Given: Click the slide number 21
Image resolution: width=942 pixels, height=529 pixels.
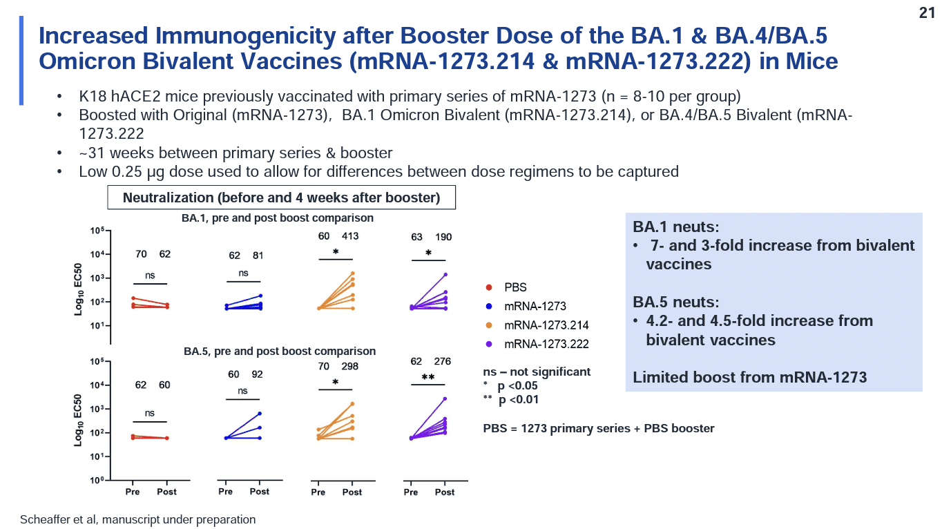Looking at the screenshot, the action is click(927, 13).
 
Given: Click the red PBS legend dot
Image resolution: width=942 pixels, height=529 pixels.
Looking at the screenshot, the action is click(489, 287).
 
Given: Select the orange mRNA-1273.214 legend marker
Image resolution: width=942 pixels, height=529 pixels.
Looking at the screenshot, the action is click(489, 325).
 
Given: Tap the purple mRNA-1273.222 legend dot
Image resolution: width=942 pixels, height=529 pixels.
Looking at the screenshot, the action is click(489, 344).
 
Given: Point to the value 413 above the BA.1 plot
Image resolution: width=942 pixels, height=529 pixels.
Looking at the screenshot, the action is click(350, 236).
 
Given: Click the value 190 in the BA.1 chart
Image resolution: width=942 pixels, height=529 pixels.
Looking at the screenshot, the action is click(443, 237).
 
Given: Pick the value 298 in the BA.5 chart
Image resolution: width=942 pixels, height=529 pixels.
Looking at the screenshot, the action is click(349, 366).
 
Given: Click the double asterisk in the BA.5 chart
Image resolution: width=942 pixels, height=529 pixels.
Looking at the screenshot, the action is click(428, 377).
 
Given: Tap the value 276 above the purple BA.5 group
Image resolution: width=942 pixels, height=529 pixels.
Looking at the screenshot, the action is click(443, 361).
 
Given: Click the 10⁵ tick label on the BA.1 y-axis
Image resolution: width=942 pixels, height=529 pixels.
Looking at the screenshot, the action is click(96, 230).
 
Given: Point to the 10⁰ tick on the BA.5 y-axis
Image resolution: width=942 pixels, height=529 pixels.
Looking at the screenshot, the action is click(96, 480).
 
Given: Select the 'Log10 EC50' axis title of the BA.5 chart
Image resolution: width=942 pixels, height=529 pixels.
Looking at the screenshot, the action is click(78, 420).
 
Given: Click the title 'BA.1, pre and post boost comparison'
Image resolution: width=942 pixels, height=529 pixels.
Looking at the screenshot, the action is click(278, 218).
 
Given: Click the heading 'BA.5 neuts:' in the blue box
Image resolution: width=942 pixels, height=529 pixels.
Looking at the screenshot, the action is click(676, 302).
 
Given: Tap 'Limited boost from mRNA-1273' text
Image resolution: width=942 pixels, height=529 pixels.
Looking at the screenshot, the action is click(750, 377).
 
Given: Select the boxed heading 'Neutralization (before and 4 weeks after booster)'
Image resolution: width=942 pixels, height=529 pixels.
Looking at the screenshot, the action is click(281, 198).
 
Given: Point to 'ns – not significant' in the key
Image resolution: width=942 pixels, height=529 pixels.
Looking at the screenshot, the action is click(537, 372).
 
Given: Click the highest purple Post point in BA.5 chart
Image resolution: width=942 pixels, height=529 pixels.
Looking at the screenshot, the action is click(445, 398).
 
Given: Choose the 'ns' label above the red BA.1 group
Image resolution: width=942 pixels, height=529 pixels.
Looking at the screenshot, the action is click(150, 276).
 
